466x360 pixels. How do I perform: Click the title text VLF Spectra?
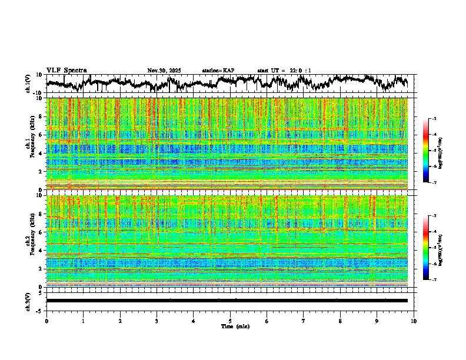[x=66, y=70]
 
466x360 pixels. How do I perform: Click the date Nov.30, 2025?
[x=164, y=71]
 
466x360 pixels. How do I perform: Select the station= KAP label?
[x=218, y=71]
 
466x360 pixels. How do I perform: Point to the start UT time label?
[x=284, y=71]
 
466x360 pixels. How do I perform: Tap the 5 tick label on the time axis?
[x=230, y=321]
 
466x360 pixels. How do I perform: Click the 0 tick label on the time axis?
[x=46, y=321]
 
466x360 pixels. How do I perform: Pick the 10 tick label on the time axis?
[x=414, y=321]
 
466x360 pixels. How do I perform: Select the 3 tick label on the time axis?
[x=157, y=321]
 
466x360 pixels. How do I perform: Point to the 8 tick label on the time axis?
[x=340, y=321]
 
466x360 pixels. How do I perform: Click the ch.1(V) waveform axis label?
[x=28, y=84]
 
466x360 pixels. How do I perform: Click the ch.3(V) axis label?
[x=28, y=301]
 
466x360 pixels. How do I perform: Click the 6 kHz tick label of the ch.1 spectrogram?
[x=40, y=135]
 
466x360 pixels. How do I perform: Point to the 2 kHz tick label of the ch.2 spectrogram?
[x=40, y=269]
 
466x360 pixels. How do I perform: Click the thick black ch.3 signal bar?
[x=227, y=301]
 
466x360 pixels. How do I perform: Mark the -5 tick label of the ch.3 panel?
[x=39, y=310]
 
